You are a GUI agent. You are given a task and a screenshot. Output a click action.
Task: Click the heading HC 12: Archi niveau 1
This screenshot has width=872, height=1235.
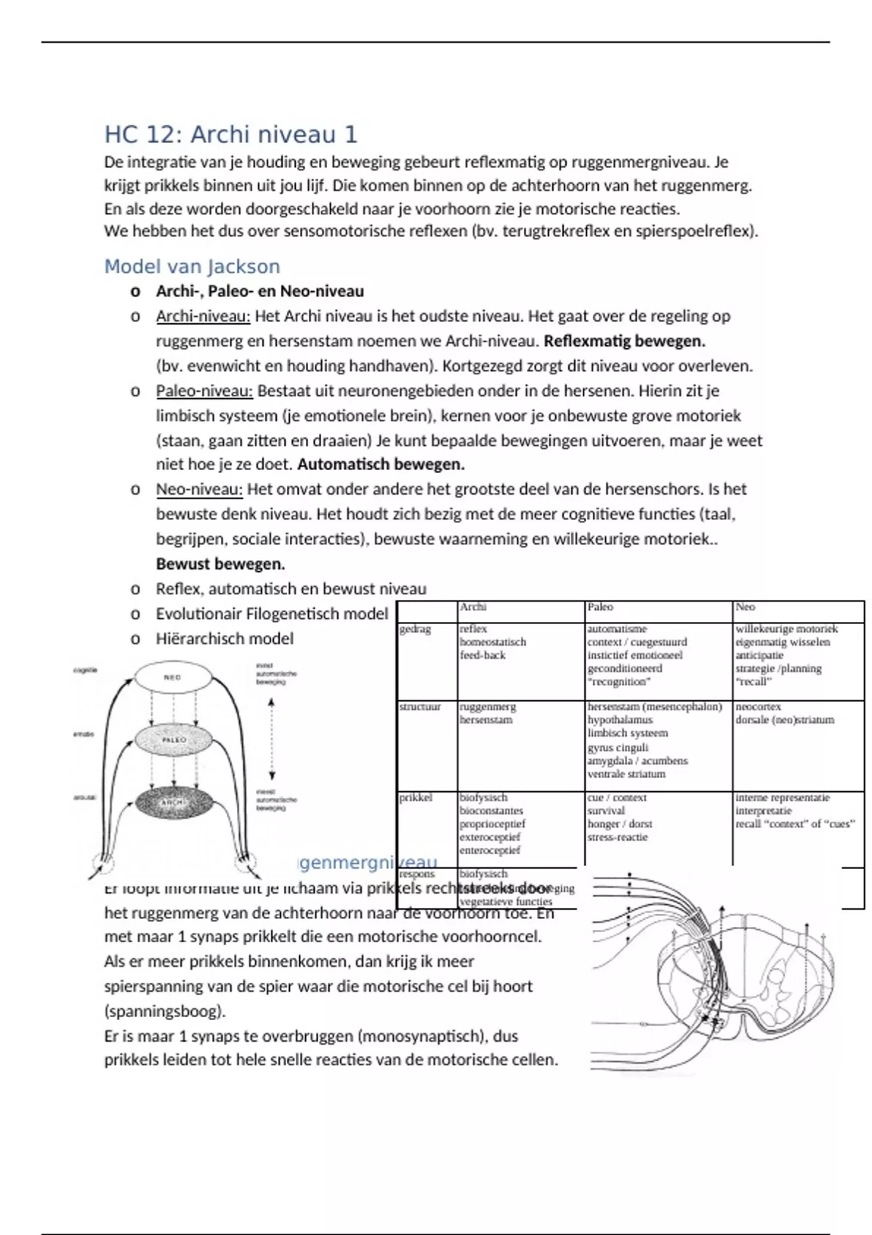[x=231, y=135]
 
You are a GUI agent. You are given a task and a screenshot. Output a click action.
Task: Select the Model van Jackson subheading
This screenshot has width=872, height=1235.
[x=192, y=267]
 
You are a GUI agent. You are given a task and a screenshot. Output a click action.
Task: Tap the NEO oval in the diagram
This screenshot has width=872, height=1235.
[x=172, y=677]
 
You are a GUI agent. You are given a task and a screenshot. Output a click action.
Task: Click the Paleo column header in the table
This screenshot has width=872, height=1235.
[x=600, y=607]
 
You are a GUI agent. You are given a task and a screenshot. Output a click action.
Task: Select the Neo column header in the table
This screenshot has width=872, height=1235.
[x=745, y=607]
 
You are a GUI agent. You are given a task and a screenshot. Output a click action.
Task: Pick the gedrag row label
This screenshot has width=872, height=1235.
[x=415, y=629]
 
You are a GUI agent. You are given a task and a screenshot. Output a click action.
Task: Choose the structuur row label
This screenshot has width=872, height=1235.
[x=420, y=707]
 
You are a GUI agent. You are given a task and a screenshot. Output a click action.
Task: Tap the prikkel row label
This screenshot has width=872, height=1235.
[x=416, y=798]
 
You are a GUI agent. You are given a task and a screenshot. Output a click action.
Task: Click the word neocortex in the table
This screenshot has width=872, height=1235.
[x=758, y=707]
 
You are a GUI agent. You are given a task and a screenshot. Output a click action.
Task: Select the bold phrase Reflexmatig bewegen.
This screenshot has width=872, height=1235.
[x=624, y=341]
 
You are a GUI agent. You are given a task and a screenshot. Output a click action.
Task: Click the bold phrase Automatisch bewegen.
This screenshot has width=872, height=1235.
[x=381, y=464]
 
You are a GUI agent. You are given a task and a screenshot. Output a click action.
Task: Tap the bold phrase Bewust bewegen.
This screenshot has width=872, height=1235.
[x=220, y=564]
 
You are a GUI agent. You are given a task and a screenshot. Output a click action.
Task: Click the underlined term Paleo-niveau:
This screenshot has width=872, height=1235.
[x=204, y=391]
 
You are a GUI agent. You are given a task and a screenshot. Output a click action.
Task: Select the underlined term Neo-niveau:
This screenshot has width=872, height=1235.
[x=199, y=489]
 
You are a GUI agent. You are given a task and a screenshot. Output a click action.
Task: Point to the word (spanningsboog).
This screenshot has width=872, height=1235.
[x=165, y=1011]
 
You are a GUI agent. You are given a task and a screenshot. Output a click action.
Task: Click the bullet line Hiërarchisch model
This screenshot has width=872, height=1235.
[x=225, y=639]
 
